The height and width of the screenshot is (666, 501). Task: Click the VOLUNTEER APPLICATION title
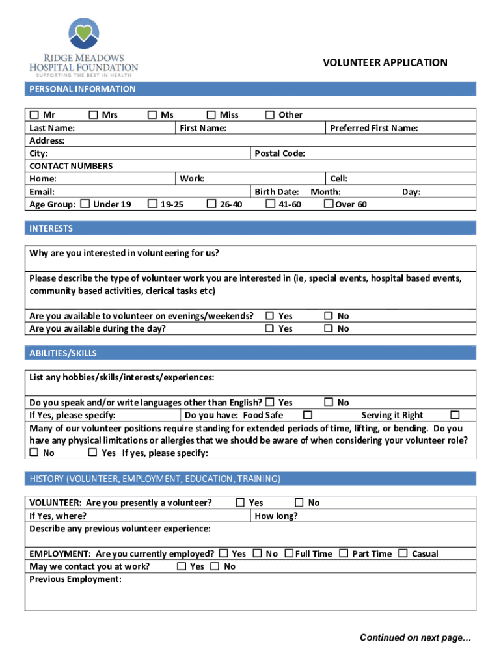pyautogui.click(x=385, y=62)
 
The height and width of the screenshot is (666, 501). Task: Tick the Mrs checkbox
pyautogui.click(x=93, y=115)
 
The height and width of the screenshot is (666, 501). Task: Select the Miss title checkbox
pyautogui.click(x=211, y=115)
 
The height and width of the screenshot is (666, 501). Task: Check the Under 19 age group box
pyautogui.click(x=85, y=204)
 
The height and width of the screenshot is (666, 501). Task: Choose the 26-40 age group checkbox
pyautogui.click(x=211, y=204)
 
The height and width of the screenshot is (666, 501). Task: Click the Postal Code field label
pyautogui.click(x=280, y=153)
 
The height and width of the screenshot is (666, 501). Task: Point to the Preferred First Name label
pyautogui.click(x=373, y=128)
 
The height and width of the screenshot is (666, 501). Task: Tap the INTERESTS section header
pyautogui.click(x=51, y=228)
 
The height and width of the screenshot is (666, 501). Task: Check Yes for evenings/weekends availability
pyautogui.click(x=269, y=316)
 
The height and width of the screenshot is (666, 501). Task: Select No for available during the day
pyautogui.click(x=329, y=328)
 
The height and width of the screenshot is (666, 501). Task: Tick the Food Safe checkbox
pyautogui.click(x=308, y=415)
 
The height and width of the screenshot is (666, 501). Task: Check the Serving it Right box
pyautogui.click(x=455, y=415)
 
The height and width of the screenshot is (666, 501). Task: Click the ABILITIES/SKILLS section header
pyautogui.click(x=62, y=353)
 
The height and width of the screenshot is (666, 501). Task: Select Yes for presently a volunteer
pyautogui.click(x=240, y=503)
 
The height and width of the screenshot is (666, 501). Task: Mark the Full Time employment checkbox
pyautogui.click(x=288, y=553)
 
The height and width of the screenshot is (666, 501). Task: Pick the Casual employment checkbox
pyautogui.click(x=403, y=553)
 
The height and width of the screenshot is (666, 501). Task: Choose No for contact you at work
pyautogui.click(x=215, y=566)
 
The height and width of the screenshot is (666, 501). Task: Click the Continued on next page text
pyautogui.click(x=415, y=637)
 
